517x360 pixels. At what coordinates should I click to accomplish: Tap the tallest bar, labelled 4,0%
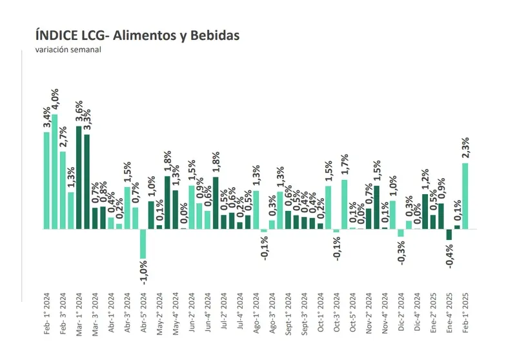tap(55, 172)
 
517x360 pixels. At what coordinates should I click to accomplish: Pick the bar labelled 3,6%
tap(79, 177)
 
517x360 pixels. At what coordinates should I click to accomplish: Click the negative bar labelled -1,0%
tap(143, 244)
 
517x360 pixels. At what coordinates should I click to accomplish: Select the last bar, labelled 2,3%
tap(466, 196)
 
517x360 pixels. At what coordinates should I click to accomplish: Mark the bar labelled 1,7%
tap(345, 204)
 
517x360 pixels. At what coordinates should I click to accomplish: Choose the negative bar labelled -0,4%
tap(449, 235)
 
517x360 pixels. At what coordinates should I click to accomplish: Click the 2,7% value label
tap(63, 136)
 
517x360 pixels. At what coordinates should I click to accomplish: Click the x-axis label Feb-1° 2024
tap(47, 314)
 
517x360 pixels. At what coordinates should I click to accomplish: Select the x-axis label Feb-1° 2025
tap(466, 314)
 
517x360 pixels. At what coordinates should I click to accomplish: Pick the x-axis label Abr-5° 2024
tap(143, 314)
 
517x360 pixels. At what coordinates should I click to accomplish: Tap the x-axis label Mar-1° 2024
tap(79, 314)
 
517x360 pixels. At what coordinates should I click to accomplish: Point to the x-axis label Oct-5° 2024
tap(353, 314)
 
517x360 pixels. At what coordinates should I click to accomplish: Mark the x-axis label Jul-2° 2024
tap(224, 314)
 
